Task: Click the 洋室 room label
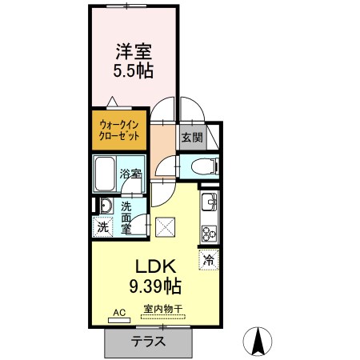[134, 52]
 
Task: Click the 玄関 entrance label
[192, 137]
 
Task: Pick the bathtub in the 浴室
[106, 171]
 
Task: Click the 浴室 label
[131, 173]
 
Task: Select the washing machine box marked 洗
[103, 226]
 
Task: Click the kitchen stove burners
[209, 233]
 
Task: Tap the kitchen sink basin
[208, 201]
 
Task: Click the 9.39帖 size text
[156, 286]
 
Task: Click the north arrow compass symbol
[258, 342]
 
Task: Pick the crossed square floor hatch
[166, 227]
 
